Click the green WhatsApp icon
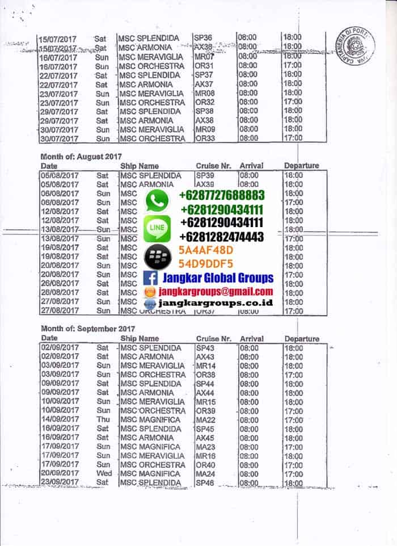point(157,200)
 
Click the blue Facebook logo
point(151,278)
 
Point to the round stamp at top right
point(356,44)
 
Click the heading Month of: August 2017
point(81,156)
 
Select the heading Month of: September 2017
point(87,329)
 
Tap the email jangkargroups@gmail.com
point(216,291)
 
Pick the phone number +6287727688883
point(221,195)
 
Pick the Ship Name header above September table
point(140,338)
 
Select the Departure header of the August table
point(301,166)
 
